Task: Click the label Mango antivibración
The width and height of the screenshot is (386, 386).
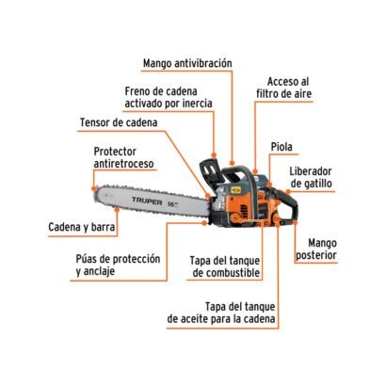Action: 187,63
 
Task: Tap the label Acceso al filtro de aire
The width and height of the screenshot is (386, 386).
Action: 284,88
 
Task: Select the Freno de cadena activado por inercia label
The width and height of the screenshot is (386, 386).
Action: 169,97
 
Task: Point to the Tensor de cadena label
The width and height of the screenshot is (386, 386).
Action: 119,122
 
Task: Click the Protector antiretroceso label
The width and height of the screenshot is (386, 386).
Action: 124,157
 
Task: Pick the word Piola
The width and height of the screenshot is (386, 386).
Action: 281,147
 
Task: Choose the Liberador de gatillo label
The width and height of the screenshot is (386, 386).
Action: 311,178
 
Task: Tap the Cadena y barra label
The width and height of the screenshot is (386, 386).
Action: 82,227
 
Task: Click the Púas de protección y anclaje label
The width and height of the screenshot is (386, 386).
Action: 118,265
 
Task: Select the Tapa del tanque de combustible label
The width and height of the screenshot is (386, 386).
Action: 225,266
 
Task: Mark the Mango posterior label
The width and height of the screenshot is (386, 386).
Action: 316,249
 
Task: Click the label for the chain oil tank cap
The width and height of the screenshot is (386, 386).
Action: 221,313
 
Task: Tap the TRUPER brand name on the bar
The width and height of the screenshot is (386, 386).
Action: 147,201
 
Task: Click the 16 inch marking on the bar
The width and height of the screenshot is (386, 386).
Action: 172,203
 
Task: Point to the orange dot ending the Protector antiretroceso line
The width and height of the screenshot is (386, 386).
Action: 94,188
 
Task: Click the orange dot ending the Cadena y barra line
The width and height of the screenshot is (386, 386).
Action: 117,209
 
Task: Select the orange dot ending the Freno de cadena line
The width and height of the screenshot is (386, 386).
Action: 214,155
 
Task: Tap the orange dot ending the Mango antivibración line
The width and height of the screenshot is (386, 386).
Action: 233,163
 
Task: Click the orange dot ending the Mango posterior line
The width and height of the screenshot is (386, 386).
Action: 295,222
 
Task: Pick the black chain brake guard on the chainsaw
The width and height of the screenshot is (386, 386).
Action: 208,172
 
